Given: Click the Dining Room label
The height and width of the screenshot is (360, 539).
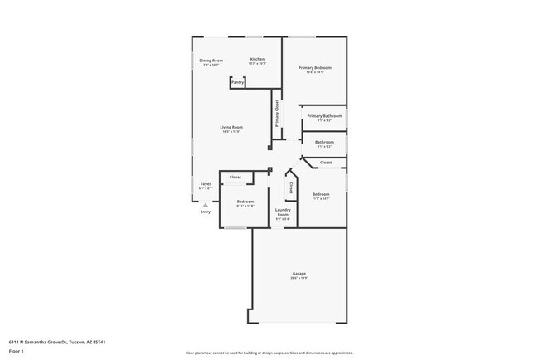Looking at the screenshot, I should coord(211,60).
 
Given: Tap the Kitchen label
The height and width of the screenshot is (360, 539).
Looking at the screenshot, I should coord(258,59).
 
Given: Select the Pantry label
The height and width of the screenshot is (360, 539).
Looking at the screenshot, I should coord(238,82).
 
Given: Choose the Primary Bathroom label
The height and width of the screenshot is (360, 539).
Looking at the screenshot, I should coord(324,116).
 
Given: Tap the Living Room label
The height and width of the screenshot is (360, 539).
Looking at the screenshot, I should coord(231,127).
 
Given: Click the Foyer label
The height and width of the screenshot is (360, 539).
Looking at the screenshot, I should coord(206,183).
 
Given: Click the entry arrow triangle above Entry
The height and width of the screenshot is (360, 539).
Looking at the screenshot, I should coord(206,204).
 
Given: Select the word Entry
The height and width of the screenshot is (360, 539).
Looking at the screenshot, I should coord(206,212).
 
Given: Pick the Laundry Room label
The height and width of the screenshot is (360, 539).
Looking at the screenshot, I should coord(283,214).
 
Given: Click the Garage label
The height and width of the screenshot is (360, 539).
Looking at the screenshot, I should coord(299,273).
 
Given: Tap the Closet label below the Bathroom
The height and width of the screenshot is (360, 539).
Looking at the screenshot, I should coord(326,163).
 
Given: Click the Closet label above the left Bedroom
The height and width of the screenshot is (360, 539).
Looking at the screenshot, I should coord(236,178).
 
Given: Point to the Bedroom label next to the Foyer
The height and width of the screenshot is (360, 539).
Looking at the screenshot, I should coord(245,202).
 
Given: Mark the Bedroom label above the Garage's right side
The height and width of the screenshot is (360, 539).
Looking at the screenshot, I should coord(321,195).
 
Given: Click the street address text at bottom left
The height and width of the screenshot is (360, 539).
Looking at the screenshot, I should coord(57,341).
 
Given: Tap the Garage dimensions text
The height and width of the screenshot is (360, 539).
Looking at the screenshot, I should coord(299,278).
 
